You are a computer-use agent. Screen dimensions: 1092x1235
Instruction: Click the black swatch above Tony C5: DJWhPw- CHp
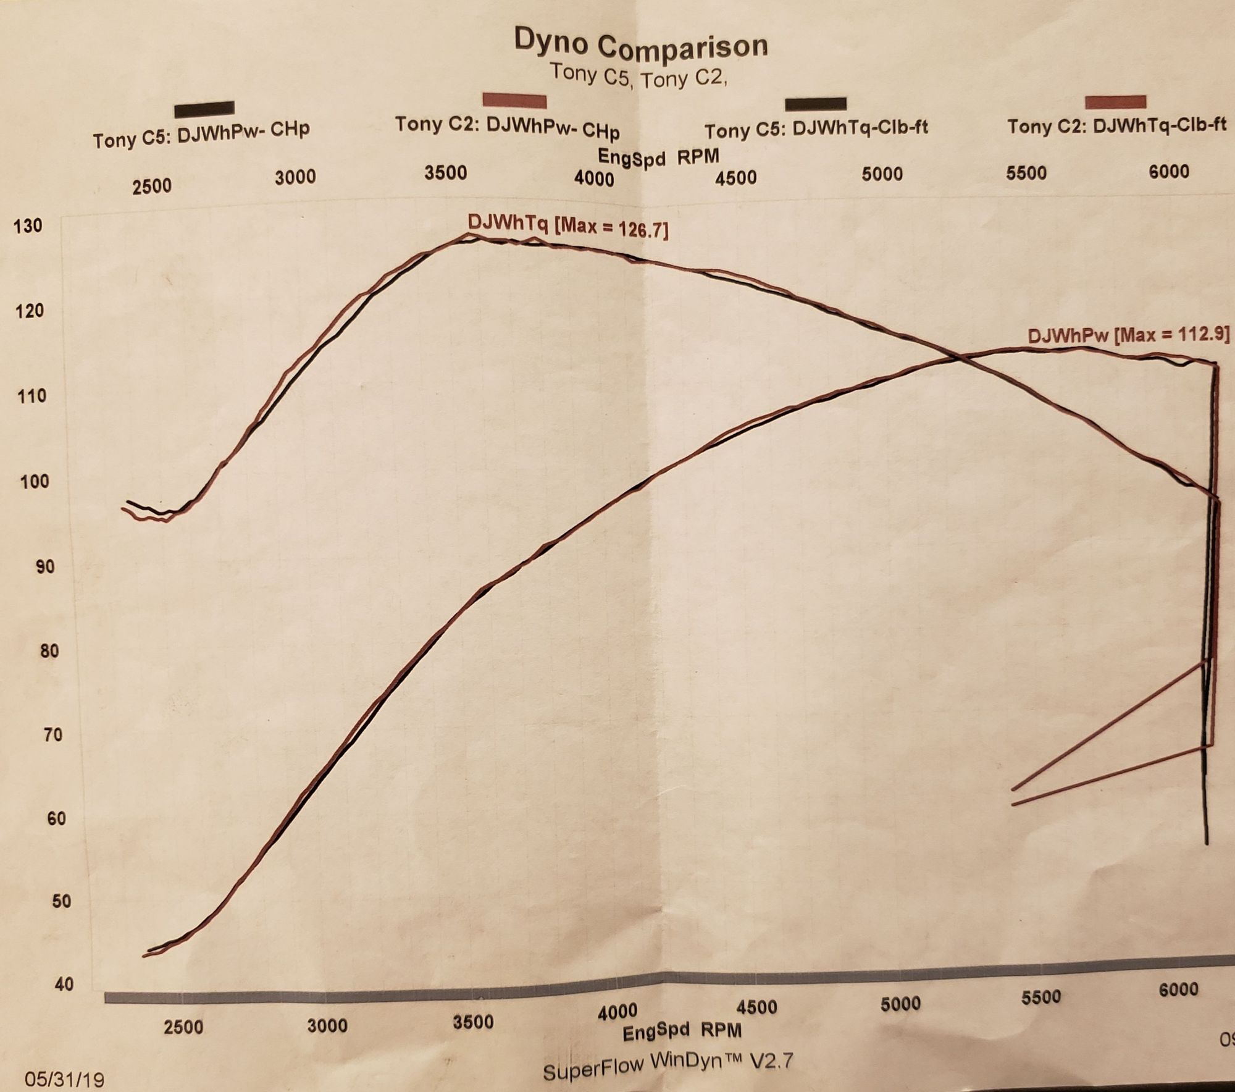(204, 109)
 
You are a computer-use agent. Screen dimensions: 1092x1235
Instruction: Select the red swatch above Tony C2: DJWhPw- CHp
(514, 100)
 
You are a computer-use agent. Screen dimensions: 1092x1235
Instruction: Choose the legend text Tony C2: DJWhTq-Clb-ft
(1117, 125)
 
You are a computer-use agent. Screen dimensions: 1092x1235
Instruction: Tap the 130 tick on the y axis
(28, 225)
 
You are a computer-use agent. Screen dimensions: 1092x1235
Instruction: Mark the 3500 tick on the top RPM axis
(446, 172)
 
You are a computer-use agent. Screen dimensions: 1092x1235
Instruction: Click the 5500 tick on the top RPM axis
(1026, 173)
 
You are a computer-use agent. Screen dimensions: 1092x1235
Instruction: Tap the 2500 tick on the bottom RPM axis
(183, 1027)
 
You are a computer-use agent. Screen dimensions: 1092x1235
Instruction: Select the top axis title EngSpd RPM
(658, 157)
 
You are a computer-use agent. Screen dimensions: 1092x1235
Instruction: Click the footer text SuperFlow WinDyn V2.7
(668, 1065)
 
